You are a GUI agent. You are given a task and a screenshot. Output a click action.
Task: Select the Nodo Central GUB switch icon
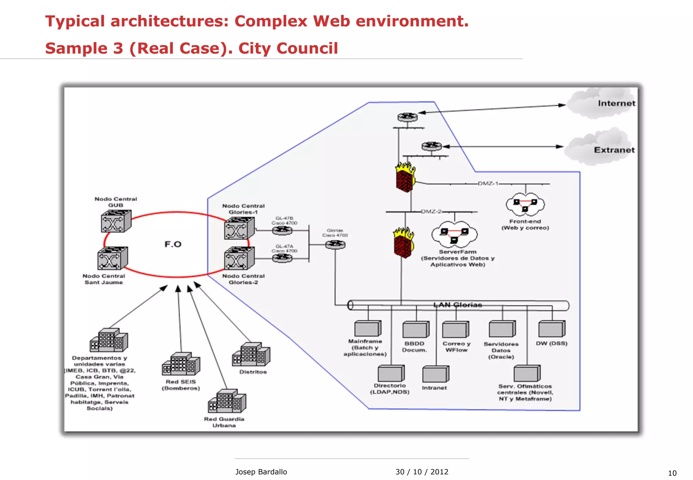tap(116, 221)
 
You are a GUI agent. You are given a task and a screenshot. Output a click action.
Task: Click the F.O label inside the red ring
tap(173, 244)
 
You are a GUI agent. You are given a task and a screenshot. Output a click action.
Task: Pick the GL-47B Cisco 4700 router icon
tap(282, 231)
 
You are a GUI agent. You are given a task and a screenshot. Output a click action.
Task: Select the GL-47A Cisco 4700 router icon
tap(282, 258)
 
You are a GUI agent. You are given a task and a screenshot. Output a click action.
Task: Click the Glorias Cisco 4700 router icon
tap(335, 244)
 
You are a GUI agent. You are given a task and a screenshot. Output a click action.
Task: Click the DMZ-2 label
tap(431, 212)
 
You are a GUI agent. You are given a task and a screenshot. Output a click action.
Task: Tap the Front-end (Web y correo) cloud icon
tap(525, 204)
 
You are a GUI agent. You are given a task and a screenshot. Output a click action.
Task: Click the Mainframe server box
tap(367, 329)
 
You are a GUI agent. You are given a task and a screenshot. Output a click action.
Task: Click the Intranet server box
tap(435, 374)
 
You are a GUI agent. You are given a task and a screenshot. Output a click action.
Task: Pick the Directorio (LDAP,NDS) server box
tap(391, 374)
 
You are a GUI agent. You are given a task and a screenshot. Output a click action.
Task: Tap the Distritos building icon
tap(251, 355)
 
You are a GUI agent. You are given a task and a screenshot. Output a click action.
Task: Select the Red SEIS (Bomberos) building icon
tap(181, 364)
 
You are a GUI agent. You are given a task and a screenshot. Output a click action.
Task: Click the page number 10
tap(672, 473)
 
